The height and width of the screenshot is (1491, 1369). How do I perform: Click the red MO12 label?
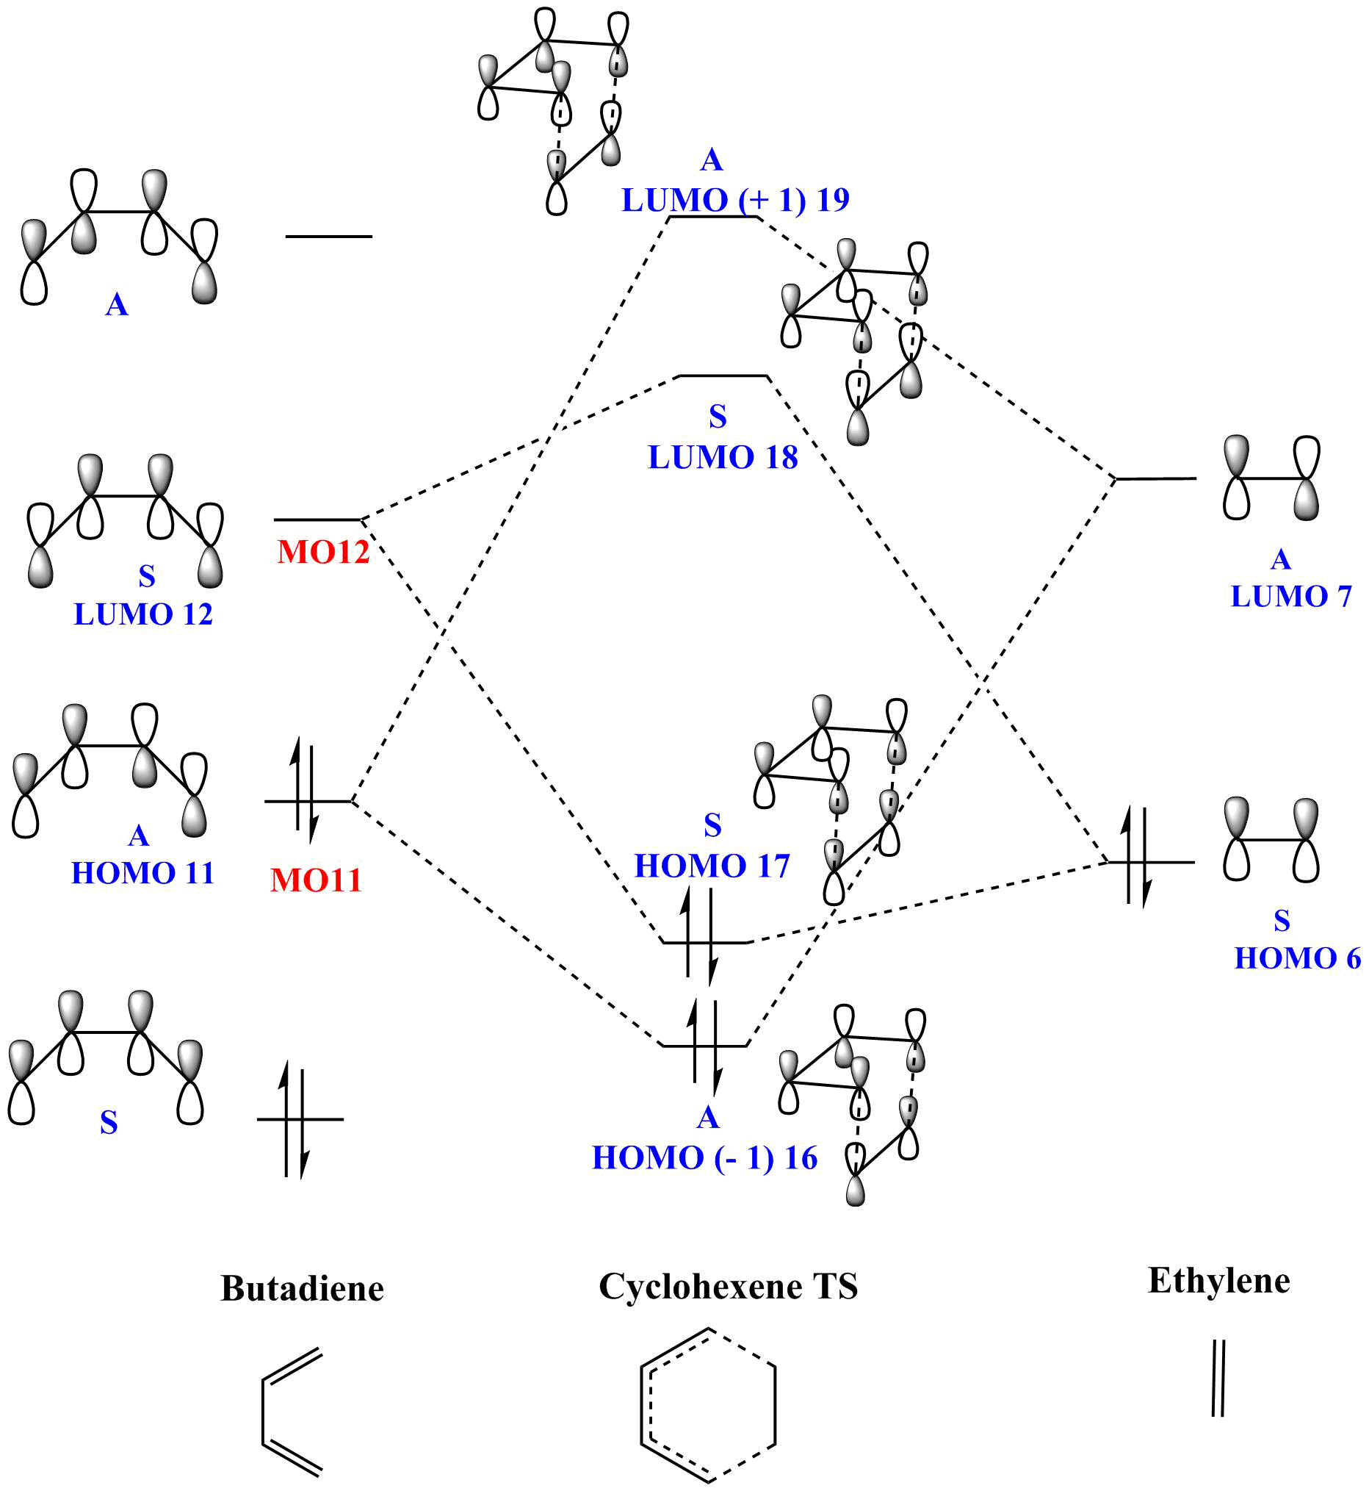323,552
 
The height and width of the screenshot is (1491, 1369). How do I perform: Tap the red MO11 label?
316,880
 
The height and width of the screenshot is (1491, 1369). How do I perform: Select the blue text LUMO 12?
143,614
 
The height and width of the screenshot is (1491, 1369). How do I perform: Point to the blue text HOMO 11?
142,873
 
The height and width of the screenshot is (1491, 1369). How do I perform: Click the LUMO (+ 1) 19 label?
735,200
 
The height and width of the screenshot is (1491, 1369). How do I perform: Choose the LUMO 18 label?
723,457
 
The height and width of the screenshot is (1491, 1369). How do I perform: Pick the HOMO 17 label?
712,866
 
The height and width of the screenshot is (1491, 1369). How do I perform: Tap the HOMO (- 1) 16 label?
704,1157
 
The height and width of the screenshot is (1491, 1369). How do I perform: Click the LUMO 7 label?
1291,596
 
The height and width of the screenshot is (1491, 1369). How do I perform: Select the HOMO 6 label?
1297,958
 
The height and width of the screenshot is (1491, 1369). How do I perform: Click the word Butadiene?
303,1289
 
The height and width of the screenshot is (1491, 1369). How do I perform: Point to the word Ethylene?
1218,1281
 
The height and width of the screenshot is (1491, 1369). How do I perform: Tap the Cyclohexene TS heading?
729,1287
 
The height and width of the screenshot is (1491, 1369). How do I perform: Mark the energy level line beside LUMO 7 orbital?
1156,478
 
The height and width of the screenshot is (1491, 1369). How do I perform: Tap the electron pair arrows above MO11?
305,792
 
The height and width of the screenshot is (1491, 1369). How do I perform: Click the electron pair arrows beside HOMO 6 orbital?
1136,858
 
